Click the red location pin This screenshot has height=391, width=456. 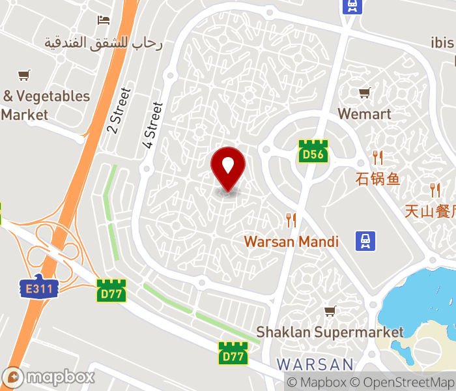coord(228,168)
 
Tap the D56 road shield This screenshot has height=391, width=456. coord(313,151)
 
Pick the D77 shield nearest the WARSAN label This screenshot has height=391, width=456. coord(233,353)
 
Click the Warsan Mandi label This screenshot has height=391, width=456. coord(291,242)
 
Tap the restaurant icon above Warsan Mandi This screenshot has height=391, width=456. coord(291,220)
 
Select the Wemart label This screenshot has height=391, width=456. coord(364,114)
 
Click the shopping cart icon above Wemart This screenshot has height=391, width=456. coord(364,93)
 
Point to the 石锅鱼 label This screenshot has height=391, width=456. coord(378,178)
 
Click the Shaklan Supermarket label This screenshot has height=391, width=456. coord(330,332)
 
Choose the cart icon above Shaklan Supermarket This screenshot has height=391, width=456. coord(330,311)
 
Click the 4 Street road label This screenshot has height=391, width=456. coord(152,124)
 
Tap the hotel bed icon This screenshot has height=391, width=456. coord(104,20)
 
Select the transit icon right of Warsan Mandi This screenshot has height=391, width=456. coord(366,241)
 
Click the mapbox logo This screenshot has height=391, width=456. coord(49,377)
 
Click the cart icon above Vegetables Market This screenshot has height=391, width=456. coord(24,75)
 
